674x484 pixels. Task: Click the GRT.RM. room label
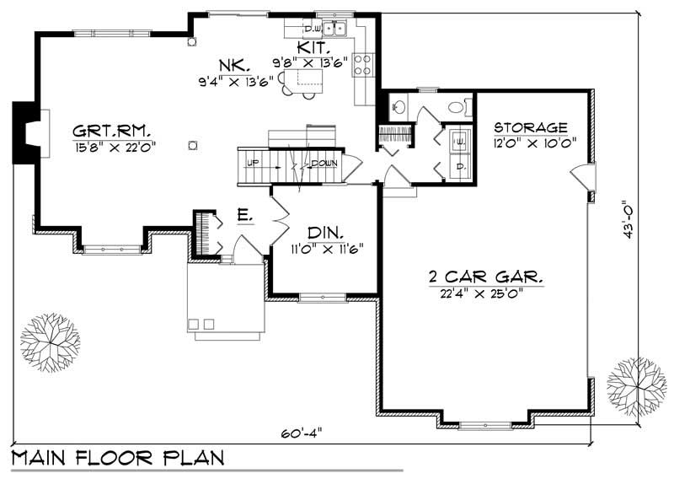[111, 131]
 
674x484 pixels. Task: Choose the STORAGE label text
[530, 126]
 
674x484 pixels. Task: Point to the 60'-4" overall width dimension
[305, 432]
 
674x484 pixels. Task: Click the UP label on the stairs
[250, 162]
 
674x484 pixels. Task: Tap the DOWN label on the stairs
[324, 163]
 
